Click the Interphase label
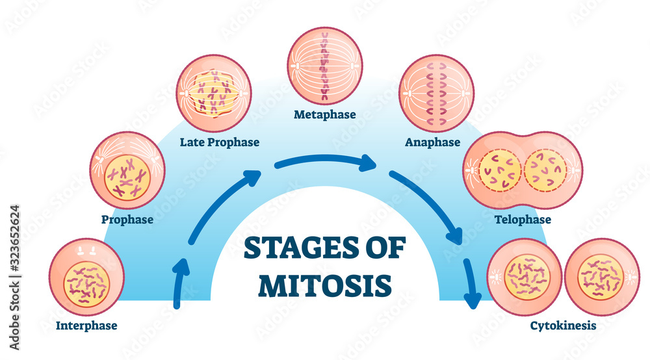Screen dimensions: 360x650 tap(86, 326)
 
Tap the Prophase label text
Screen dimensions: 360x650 tap(127, 220)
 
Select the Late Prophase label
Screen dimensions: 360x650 tap(220, 142)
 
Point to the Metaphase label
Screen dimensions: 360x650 tap(325, 115)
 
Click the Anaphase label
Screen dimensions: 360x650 tap(432, 142)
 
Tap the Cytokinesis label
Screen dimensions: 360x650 tap(562, 326)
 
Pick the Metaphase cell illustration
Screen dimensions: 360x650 tap(325, 66)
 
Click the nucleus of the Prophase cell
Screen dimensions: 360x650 tap(128, 172)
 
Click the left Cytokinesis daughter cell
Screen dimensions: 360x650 tap(525, 277)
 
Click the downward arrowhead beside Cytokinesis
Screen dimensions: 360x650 tap(473, 300)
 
